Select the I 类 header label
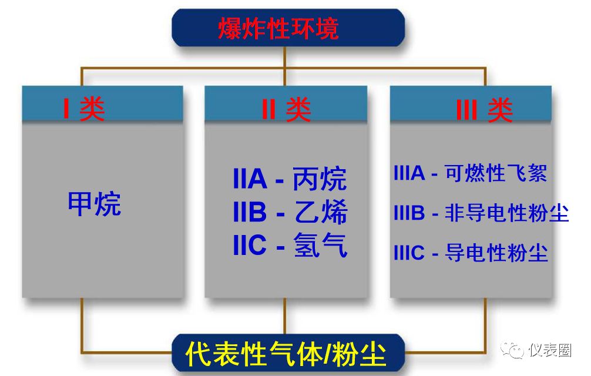click(84, 109)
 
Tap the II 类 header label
click(286, 109)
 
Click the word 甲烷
click(94, 204)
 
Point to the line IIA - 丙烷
click(290, 179)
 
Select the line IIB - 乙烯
click(290, 212)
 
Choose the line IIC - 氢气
click(290, 245)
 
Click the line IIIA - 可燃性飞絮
click(470, 173)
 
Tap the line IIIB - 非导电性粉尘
click(481, 213)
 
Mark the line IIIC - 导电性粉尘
click(471, 253)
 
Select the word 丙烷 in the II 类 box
click(320, 179)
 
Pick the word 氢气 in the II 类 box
click(320, 245)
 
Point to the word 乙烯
click(320, 212)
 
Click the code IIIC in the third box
click(409, 253)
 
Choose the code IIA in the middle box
click(250, 179)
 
